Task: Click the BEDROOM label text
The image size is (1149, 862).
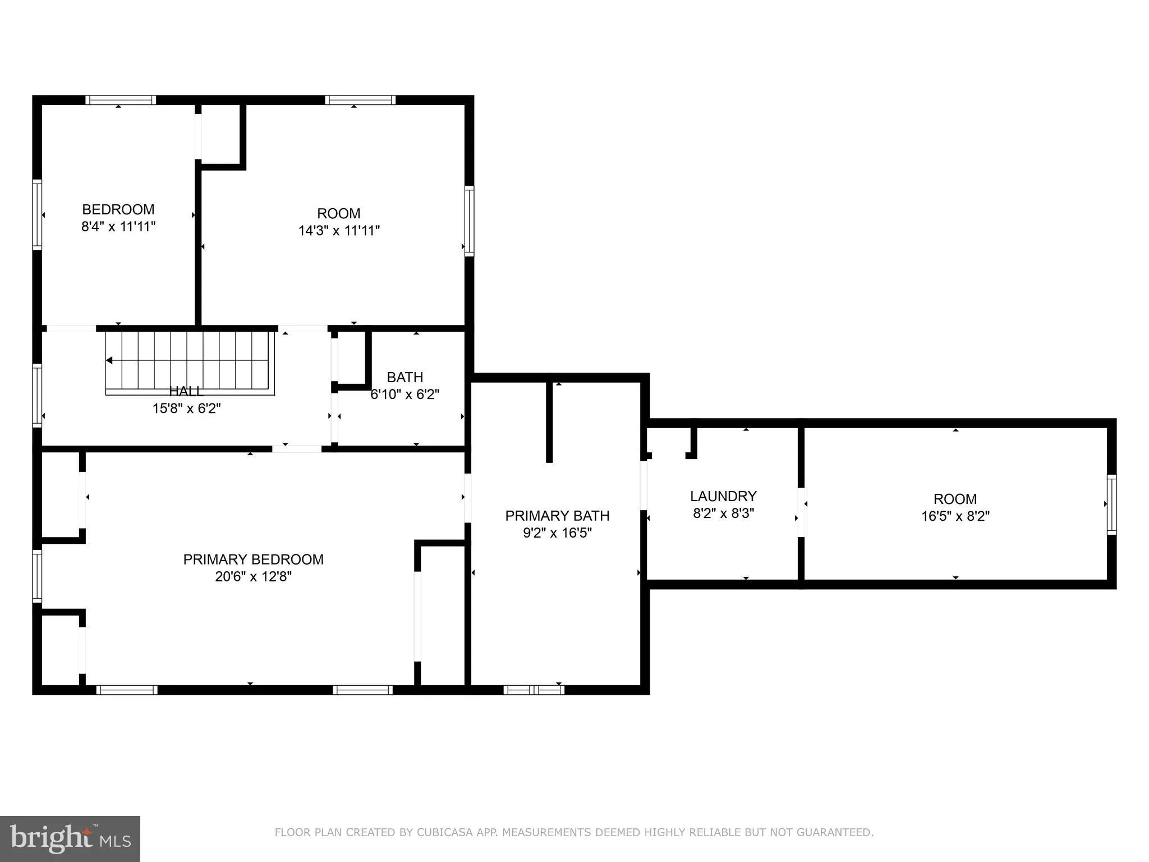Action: [x=118, y=209]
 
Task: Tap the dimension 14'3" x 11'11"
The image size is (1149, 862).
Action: [x=339, y=231]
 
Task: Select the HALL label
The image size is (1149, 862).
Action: [x=186, y=391]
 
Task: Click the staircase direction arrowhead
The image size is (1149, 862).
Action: [x=109, y=360]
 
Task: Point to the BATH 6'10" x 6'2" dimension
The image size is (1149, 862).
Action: [x=405, y=395]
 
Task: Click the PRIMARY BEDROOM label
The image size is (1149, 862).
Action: [x=253, y=560]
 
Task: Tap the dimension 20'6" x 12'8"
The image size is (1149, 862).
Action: [x=253, y=577]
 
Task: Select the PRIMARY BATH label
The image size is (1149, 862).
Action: [x=557, y=516]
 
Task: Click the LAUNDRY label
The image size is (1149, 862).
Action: [x=723, y=496]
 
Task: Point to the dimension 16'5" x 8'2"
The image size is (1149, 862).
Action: [x=955, y=516]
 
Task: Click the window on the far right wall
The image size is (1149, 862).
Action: [x=1111, y=505]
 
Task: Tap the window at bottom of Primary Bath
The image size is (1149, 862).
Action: [x=534, y=690]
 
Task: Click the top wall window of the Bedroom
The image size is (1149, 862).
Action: [x=121, y=100]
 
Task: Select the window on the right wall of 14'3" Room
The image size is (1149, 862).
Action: [x=469, y=221]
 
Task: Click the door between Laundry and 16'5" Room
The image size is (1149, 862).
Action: [x=801, y=512]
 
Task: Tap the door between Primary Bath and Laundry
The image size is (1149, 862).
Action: [x=644, y=485]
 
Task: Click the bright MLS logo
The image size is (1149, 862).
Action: [x=70, y=839]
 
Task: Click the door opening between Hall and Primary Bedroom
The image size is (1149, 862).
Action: [x=297, y=449]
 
